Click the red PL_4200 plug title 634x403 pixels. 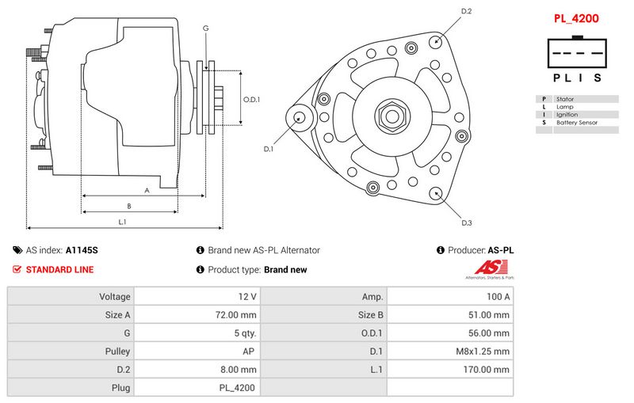(575, 17)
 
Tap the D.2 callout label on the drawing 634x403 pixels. (466, 11)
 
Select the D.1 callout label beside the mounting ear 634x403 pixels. (269, 149)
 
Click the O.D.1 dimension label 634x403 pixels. (251, 99)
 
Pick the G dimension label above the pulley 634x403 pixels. (205, 29)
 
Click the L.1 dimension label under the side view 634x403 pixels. (123, 222)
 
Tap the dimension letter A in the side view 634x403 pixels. (147, 190)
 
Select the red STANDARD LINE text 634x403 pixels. (59, 270)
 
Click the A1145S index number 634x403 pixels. (82, 250)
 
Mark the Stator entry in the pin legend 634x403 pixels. (565, 99)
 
